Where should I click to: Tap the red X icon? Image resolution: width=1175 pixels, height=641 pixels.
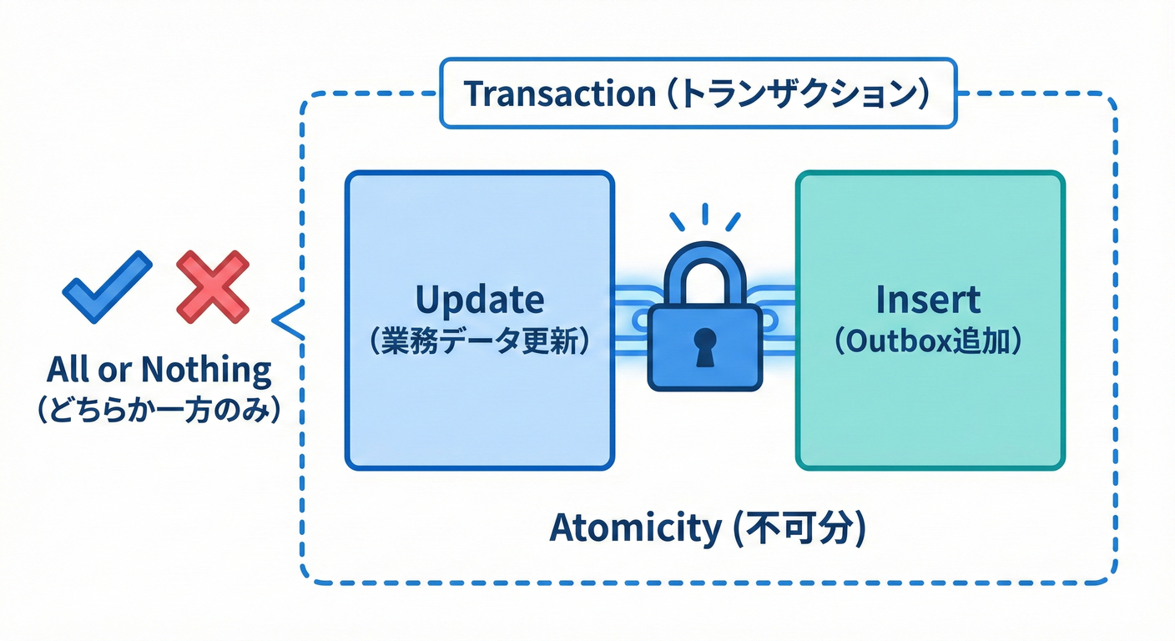point(213,286)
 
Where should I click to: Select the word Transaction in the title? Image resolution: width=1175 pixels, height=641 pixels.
point(558,93)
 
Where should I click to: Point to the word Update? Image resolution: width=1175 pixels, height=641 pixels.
point(479,299)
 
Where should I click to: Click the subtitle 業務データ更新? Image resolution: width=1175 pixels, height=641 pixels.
point(479,342)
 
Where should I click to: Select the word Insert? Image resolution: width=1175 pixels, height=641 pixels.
point(928,299)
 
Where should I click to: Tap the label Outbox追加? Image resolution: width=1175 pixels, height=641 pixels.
point(928,342)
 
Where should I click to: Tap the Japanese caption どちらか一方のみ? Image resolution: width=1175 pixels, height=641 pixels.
point(158,411)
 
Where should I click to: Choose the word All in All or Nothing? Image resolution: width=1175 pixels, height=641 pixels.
point(68,369)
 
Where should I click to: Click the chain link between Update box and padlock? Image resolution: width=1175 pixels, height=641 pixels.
point(631,318)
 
